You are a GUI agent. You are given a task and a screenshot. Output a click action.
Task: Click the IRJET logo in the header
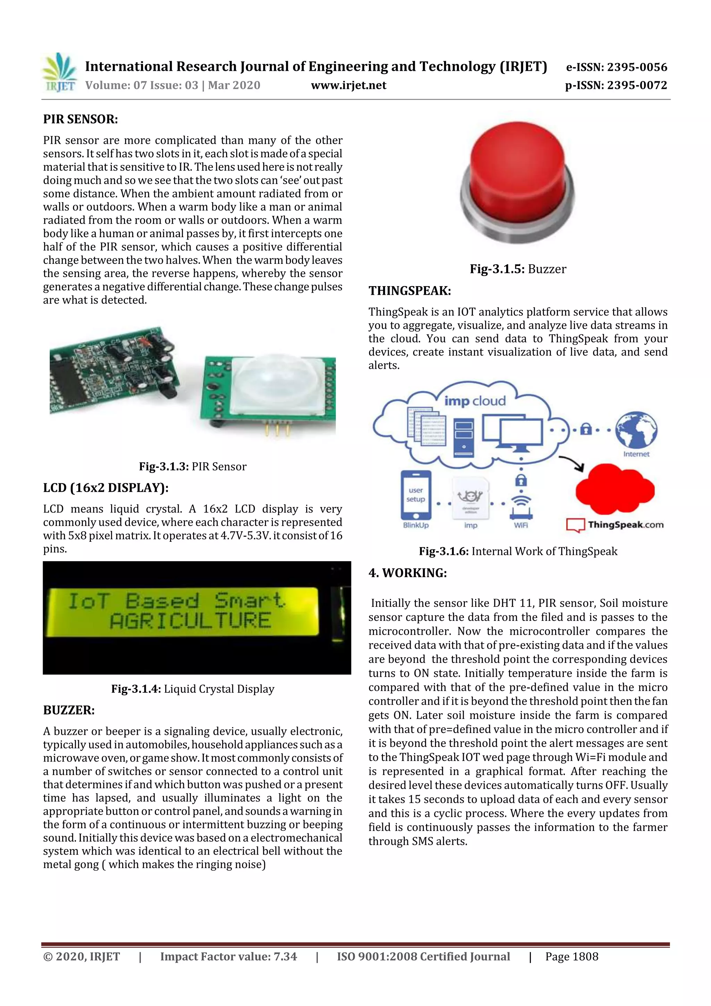[59, 73]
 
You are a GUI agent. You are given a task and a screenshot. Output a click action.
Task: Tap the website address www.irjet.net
[348, 85]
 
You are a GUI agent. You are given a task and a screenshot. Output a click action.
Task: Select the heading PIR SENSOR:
[80, 119]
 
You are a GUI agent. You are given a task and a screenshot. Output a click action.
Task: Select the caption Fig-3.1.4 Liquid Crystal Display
[193, 689]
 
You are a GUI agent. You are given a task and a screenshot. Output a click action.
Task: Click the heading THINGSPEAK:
[410, 291]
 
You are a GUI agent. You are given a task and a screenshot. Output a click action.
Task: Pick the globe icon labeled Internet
[636, 430]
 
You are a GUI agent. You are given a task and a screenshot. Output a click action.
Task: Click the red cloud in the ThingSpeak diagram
[614, 489]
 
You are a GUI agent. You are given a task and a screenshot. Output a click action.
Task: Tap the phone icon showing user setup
[416, 495]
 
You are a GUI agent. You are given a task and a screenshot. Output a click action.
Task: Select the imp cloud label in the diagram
[475, 400]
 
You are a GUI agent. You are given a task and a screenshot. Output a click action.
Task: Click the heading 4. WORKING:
[408, 573]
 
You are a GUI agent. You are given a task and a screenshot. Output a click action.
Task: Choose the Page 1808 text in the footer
[572, 956]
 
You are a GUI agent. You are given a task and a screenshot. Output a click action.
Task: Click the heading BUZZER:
[69, 710]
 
